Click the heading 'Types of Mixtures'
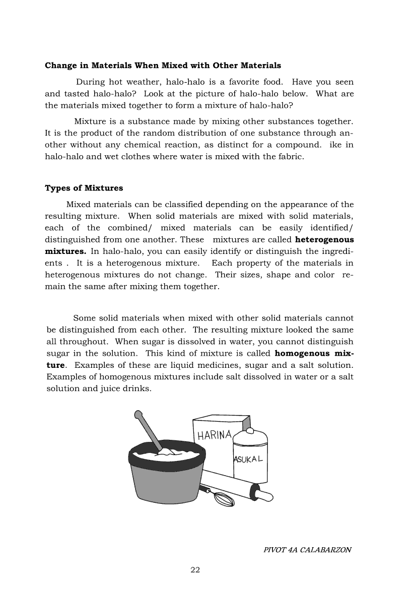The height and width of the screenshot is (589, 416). (84, 188)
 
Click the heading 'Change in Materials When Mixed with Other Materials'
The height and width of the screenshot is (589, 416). (163, 66)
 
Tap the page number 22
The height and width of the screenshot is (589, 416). (195, 570)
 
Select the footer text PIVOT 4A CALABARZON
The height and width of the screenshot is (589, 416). (307, 550)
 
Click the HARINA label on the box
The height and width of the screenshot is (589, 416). (214, 435)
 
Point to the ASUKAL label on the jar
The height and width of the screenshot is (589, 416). (249, 460)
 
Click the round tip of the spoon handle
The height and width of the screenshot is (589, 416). (138, 415)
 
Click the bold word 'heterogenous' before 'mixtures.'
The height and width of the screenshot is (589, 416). (324, 240)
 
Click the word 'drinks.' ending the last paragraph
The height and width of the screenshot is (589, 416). (137, 388)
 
